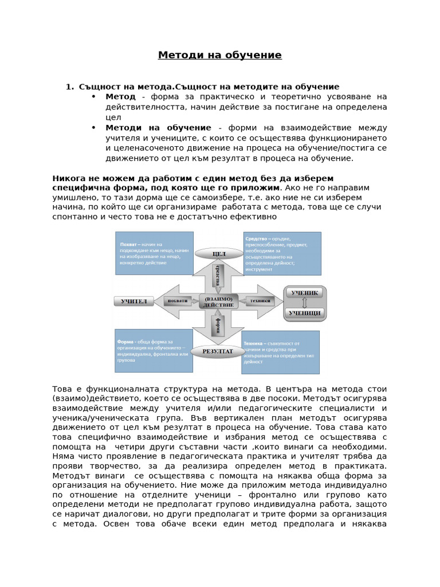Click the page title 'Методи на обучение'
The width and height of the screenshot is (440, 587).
pos(220,55)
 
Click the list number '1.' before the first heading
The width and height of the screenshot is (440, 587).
pos(69,87)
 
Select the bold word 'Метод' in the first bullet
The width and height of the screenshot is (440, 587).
pos(120,96)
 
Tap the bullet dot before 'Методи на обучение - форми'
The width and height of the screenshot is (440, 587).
pos(93,127)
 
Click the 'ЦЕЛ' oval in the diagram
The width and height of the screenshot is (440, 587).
pos(219,253)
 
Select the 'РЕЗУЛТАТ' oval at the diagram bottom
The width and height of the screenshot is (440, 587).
pos(218,351)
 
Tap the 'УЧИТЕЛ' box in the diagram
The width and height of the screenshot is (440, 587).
pos(134,301)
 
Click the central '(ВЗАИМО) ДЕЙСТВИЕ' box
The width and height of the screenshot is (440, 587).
pos(218,302)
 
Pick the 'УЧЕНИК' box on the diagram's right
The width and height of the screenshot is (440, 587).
pos(304,292)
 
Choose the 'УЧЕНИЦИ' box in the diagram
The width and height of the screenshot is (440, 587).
pos(304,313)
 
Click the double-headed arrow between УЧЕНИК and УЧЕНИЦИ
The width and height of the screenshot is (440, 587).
pos(304,303)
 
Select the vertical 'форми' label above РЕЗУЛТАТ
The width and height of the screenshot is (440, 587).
pos(218,327)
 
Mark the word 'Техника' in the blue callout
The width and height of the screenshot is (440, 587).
pos(254,343)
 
